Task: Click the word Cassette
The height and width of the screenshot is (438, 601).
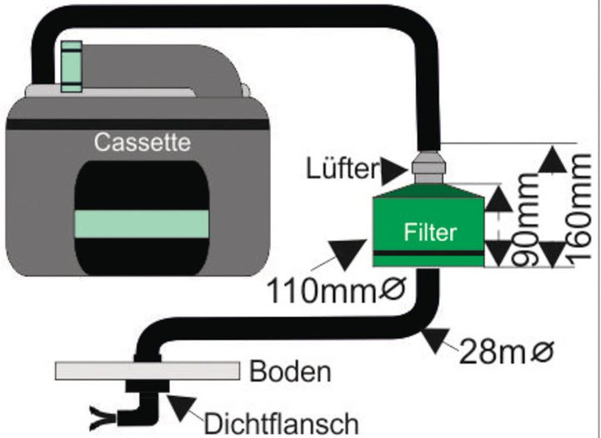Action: click(x=142, y=142)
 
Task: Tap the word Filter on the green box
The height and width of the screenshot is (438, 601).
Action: click(x=430, y=231)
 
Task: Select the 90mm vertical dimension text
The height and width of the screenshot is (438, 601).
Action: click(x=526, y=219)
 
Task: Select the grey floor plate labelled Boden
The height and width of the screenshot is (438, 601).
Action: click(x=149, y=370)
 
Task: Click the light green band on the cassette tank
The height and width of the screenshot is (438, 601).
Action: click(x=142, y=224)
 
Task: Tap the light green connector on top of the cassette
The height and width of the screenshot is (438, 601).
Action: click(x=72, y=65)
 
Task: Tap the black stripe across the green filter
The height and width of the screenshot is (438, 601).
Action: click(x=428, y=251)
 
